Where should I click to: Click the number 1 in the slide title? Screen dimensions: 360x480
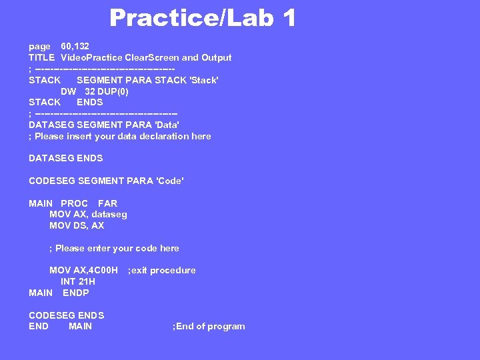pos(288,18)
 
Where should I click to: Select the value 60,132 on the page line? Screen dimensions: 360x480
pos(75,47)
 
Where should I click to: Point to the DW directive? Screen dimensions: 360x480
pos(69,91)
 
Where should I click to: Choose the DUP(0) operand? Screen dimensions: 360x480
pos(113,91)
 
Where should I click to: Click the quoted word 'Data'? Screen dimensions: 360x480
pos(167,125)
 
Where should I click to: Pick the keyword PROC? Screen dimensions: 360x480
pos(74,203)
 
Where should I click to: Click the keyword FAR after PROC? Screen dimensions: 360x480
pos(107,203)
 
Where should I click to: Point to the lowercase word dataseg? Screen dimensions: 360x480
pos(109,214)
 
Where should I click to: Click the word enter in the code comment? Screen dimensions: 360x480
pos(97,248)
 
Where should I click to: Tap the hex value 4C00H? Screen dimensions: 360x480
pos(103,270)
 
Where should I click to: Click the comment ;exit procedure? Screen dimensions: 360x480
pos(161,270)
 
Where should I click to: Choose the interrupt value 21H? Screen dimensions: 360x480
pos(87,281)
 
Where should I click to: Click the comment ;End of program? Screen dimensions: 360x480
pos(209,326)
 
